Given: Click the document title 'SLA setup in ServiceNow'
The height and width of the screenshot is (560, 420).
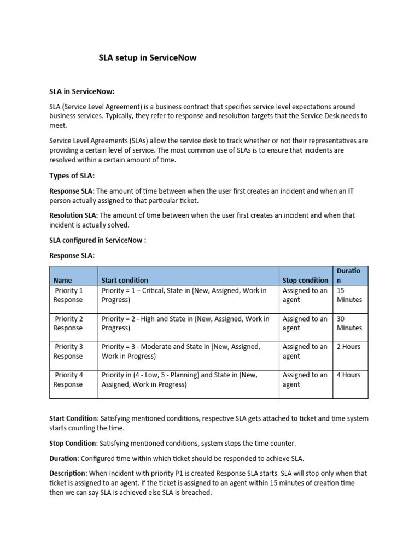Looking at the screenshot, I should coord(147,57).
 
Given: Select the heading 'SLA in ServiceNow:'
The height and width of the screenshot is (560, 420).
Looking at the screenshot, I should coord(82,91).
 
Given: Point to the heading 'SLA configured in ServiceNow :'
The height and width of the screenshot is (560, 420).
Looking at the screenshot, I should coord(98,240).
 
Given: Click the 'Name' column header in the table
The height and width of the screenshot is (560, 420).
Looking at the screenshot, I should coord(63,280).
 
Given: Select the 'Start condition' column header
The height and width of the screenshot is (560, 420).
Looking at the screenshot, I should coord(125,280).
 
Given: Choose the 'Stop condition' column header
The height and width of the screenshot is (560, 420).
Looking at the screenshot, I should coord(305,280).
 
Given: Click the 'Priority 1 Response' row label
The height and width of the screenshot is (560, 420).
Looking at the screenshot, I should coord(69,295).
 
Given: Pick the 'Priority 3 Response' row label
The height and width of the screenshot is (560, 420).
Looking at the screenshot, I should coord(69,351).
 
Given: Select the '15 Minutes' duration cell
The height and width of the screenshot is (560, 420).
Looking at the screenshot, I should coord(349,295).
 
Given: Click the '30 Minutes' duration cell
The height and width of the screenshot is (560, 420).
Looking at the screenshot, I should coord(349,323).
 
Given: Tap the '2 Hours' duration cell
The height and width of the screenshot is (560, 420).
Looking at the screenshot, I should coord(348,347).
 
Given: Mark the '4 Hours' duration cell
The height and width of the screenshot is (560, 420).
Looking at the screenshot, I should coord(348,375).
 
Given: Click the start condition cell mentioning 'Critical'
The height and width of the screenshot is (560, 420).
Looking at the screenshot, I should coord(184,295).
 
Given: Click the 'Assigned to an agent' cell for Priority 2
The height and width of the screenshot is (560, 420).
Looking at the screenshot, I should coord(305,323).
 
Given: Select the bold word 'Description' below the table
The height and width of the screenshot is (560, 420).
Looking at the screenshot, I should coord(68,473).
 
